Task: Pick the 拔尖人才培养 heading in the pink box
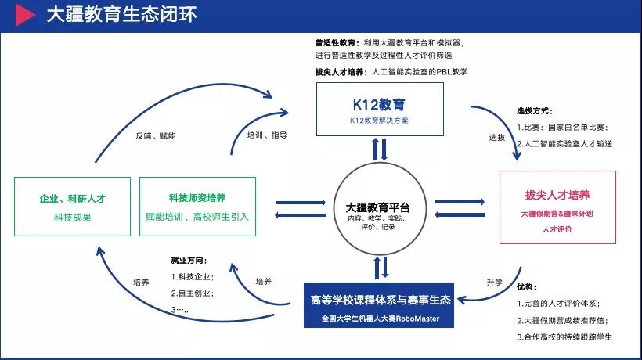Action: pyautogui.click(x=557, y=195)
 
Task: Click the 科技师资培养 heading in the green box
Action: pyautogui.click(x=197, y=198)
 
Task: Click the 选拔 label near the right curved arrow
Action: pyautogui.click(x=497, y=137)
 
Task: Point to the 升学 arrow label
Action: pyautogui.click(x=494, y=282)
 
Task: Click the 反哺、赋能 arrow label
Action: pyautogui.click(x=155, y=135)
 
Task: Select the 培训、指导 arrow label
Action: pyautogui.click(x=267, y=135)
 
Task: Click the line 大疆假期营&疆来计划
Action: pyautogui.click(x=557, y=213)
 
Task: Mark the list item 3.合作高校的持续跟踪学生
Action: pyautogui.click(x=564, y=337)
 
